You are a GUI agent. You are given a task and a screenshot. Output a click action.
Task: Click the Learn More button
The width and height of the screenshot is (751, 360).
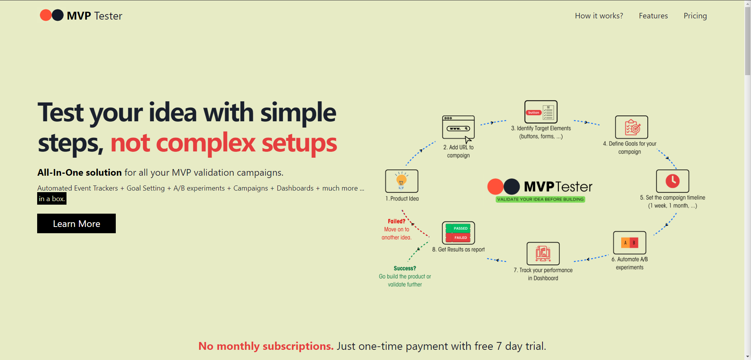(x=76, y=223)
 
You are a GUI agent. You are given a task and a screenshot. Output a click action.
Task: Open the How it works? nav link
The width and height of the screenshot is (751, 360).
(x=599, y=16)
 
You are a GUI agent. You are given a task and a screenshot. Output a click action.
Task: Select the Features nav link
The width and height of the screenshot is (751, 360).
(x=653, y=16)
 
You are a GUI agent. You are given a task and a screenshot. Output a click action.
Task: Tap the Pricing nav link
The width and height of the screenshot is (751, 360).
(x=695, y=16)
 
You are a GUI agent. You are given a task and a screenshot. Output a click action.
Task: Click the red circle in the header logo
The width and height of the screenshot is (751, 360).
(x=46, y=15)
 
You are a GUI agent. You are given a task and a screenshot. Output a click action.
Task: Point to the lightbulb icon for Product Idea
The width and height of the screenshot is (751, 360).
(x=402, y=181)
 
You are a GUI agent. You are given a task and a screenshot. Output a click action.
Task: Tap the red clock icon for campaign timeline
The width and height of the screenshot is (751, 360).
(x=672, y=181)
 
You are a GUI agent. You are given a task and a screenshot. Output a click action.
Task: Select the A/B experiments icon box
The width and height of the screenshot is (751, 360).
(x=630, y=243)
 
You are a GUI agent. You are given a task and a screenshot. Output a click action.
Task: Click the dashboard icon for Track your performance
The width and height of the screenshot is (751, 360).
(x=543, y=254)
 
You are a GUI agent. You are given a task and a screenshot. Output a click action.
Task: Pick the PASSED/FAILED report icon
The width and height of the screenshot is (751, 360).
(x=458, y=233)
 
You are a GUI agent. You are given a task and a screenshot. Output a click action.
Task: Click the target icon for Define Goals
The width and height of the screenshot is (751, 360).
(x=632, y=127)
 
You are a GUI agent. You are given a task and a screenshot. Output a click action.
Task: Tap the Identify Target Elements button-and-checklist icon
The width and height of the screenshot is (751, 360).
(x=541, y=112)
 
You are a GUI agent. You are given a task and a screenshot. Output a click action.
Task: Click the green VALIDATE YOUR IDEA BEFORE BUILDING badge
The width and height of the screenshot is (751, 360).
(x=541, y=199)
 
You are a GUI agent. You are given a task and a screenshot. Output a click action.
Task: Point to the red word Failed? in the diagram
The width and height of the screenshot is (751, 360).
(x=397, y=221)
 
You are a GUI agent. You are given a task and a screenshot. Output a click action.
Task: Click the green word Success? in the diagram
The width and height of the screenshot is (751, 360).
(x=405, y=268)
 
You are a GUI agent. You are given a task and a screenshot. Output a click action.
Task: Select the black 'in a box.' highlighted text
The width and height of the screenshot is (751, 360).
(x=52, y=198)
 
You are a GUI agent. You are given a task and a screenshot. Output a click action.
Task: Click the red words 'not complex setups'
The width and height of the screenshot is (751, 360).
(x=224, y=143)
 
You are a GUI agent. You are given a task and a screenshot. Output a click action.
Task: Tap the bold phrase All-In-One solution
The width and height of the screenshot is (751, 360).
(x=79, y=173)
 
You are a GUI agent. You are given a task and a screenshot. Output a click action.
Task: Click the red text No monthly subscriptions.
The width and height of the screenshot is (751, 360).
(x=266, y=346)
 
